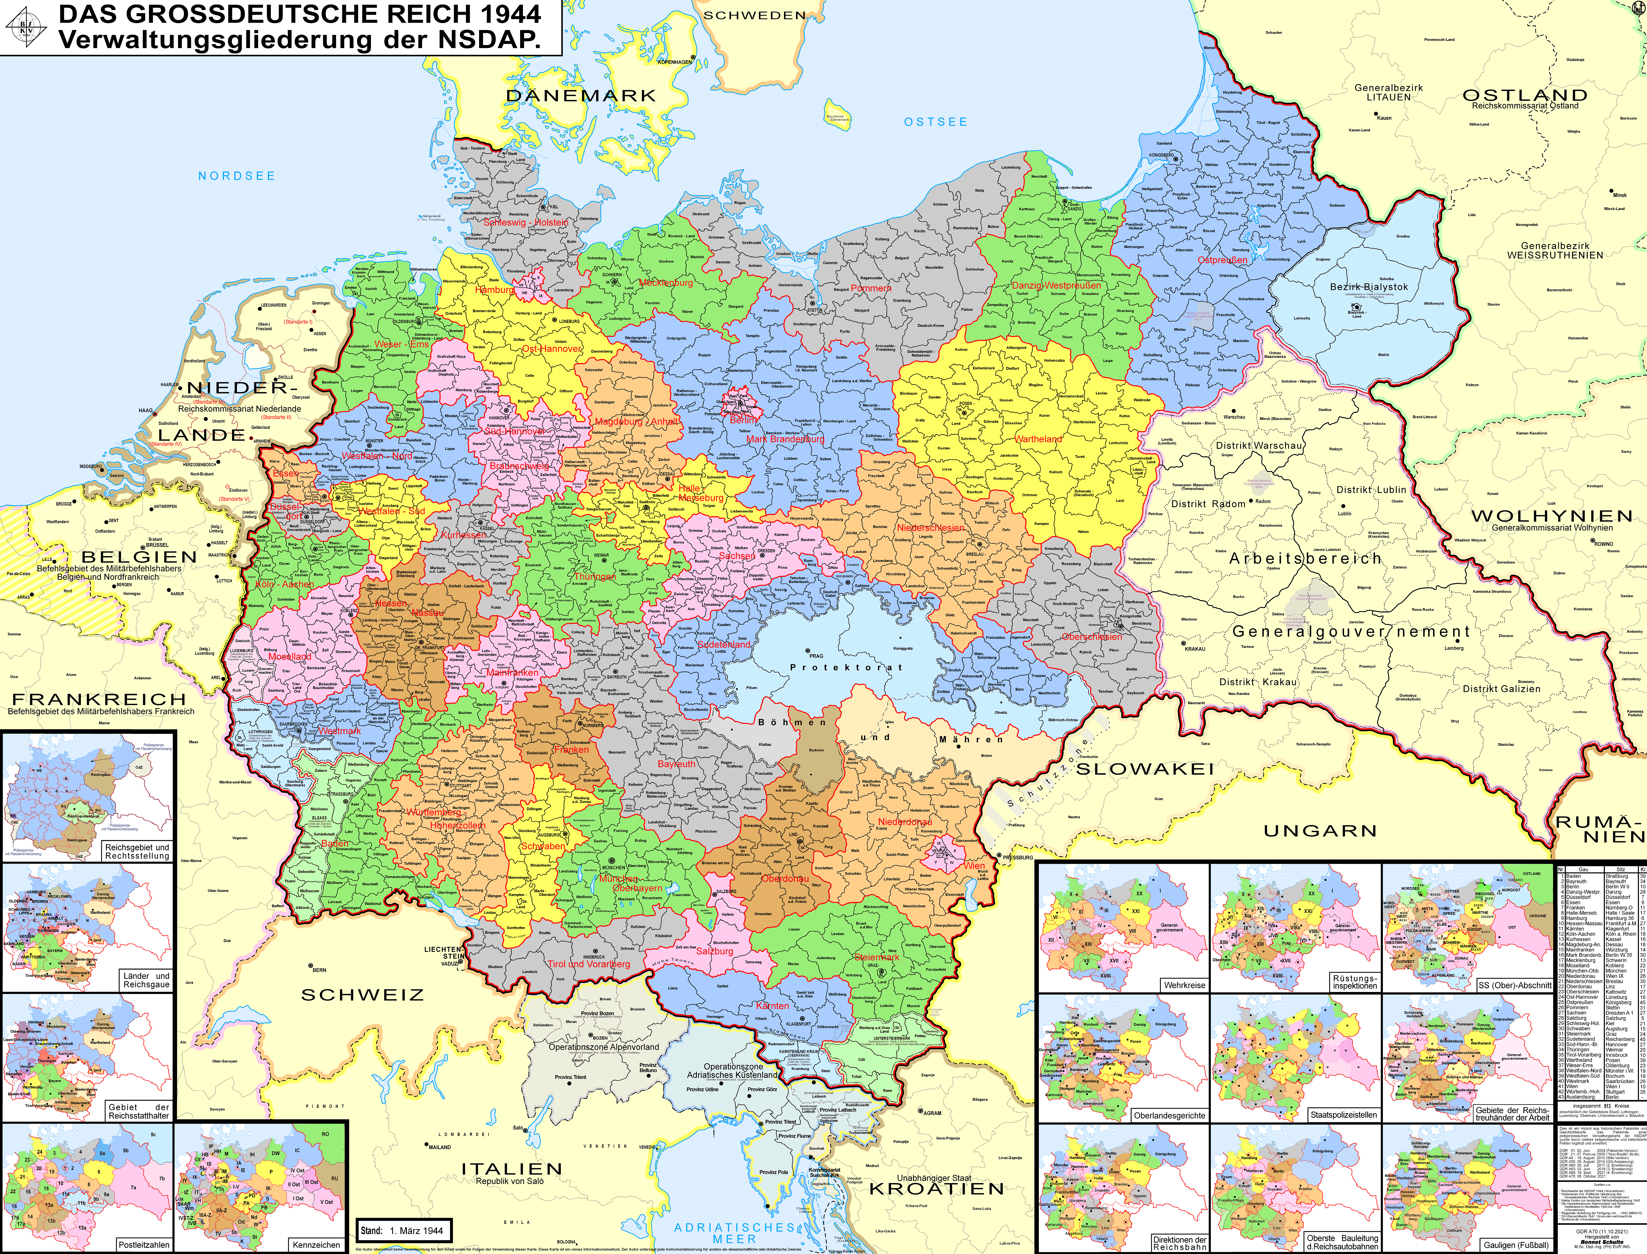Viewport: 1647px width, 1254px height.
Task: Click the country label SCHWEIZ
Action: (362, 995)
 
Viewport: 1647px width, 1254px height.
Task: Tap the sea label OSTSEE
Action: (935, 122)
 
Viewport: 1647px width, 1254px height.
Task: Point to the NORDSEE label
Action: (237, 176)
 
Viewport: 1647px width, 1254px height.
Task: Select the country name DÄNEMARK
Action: (581, 95)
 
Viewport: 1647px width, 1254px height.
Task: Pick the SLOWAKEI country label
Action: (1144, 769)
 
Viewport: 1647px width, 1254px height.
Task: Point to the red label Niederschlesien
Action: (930, 528)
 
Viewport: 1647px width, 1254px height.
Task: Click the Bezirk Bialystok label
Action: (1368, 287)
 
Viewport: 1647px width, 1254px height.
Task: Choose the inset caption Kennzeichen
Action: (316, 1244)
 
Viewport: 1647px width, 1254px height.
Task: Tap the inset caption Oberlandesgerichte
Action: (1168, 1115)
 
